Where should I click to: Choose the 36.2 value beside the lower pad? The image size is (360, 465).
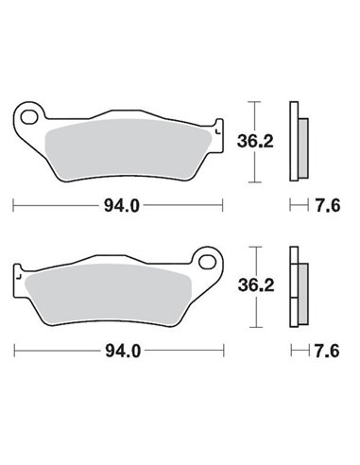click(250, 285)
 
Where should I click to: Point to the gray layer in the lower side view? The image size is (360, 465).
click(300, 288)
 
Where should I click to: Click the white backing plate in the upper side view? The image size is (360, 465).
click(293, 142)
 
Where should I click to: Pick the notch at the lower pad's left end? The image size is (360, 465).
click(15, 274)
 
